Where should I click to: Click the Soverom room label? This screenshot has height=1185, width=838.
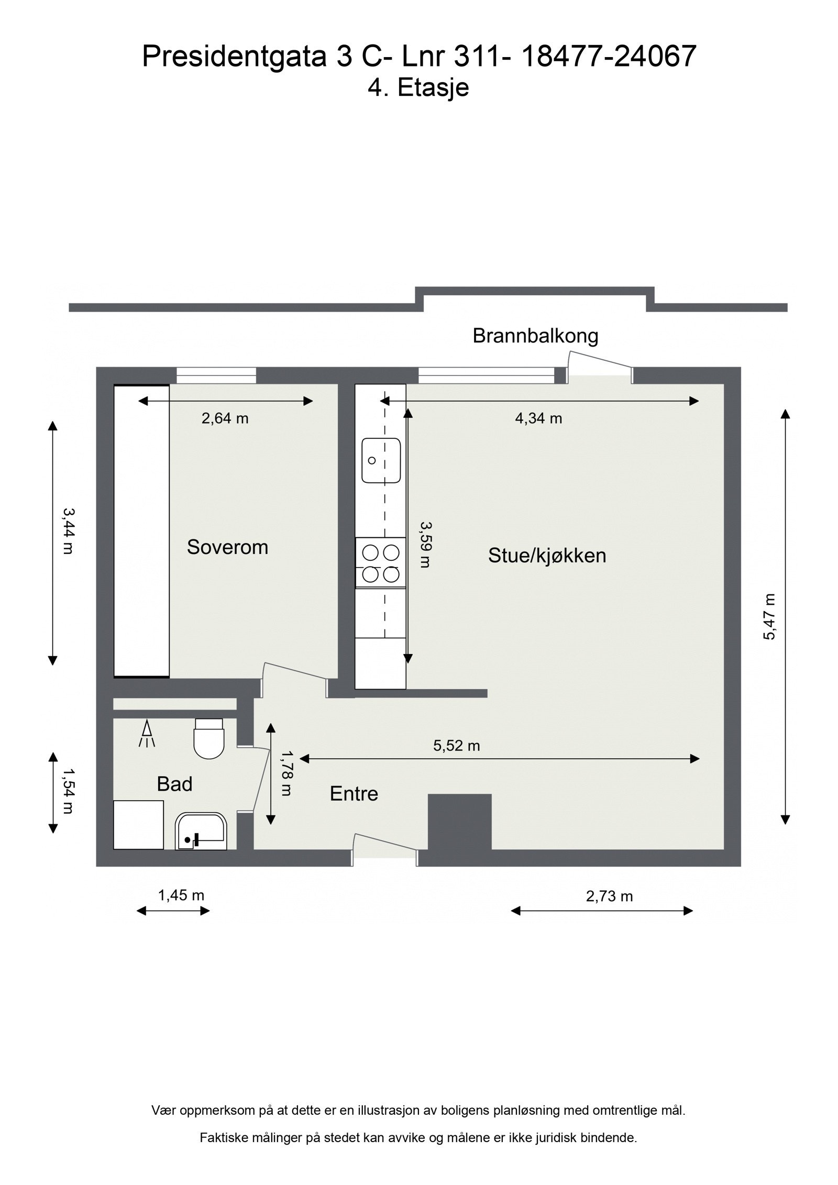227,547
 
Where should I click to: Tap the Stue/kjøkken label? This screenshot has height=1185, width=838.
547,556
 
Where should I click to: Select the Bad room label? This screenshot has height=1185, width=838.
174,784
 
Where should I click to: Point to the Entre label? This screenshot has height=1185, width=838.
354,794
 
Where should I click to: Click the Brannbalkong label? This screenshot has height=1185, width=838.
535,336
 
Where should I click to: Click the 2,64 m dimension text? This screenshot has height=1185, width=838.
225,418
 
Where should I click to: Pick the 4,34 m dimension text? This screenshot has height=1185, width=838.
538,418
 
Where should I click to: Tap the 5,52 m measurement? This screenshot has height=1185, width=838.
456,746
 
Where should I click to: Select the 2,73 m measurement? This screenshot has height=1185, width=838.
609,896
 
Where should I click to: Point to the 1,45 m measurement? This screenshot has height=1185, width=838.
181,895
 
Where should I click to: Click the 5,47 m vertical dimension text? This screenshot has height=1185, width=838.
769,617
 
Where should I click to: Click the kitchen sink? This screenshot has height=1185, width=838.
381,460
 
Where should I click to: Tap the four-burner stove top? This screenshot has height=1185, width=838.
381,562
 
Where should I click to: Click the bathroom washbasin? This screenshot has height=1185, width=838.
201,831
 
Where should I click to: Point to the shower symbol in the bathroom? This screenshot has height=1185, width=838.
147,734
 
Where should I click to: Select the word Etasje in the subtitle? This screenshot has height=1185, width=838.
433,87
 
